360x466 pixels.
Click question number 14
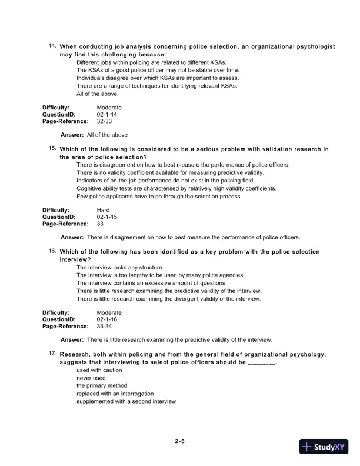tap(52, 45)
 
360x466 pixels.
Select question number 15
tap(52, 148)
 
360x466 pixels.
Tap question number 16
tap(52, 251)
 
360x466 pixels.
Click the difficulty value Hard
tap(103, 210)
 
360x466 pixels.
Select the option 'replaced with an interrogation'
tap(115, 394)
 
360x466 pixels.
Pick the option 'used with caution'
tap(99, 371)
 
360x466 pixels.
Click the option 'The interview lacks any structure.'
tap(120, 268)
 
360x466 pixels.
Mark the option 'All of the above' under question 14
tap(96, 94)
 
